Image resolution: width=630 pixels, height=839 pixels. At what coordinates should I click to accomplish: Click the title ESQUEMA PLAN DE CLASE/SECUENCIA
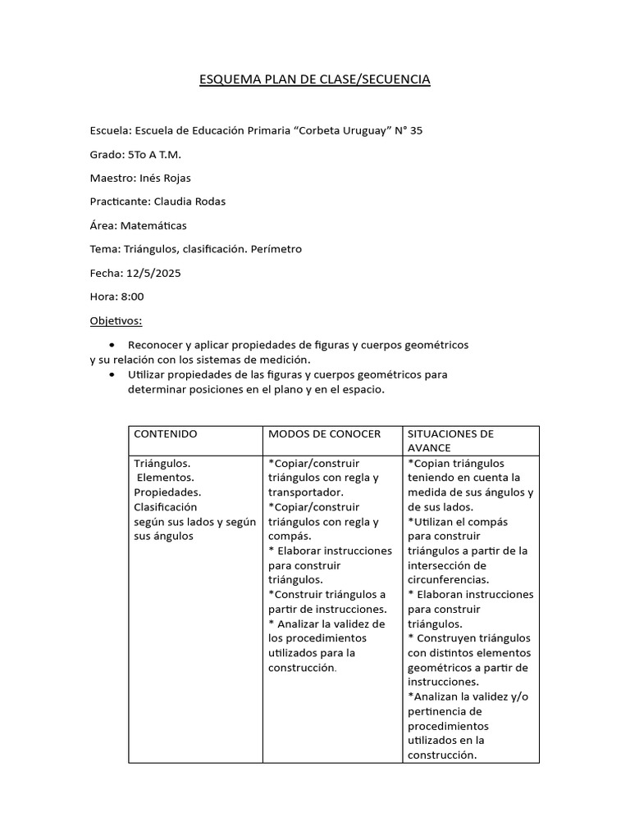tap(315, 79)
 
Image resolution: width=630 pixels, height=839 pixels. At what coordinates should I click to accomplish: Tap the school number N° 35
tap(409, 130)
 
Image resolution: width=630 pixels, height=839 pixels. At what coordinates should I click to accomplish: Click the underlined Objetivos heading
tap(116, 320)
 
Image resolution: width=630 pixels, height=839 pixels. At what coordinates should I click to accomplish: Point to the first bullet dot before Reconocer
tap(112, 345)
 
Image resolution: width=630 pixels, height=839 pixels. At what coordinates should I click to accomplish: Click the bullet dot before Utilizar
tap(112, 374)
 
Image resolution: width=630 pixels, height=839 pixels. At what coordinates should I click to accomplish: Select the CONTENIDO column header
tap(165, 433)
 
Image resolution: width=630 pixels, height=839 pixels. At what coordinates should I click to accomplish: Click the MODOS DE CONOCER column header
tap(324, 433)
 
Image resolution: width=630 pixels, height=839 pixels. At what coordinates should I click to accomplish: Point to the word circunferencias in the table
tap(448, 580)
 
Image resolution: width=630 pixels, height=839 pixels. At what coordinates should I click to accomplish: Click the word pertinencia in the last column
tap(437, 711)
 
